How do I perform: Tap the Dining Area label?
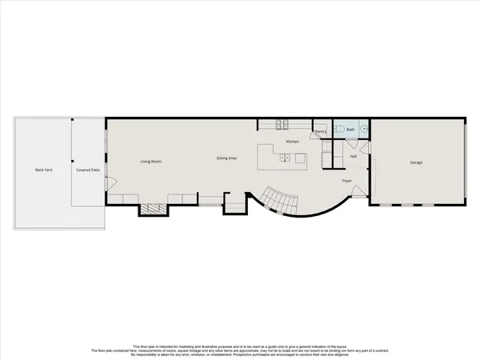tap(226, 158)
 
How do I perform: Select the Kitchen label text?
tap(293, 142)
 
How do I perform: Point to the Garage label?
tap(416, 162)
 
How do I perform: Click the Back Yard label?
tap(43, 170)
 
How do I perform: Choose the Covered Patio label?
tap(87, 170)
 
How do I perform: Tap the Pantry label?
tap(321, 131)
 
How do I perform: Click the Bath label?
tap(349, 129)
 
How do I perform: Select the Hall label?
tap(353, 156)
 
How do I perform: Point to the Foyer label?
tap(347, 181)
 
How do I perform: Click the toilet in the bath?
tap(339, 129)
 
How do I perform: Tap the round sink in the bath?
tap(364, 129)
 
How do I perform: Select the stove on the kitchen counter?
tap(282, 124)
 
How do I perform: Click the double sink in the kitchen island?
tap(284, 158)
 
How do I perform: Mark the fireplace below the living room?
tap(154, 209)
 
